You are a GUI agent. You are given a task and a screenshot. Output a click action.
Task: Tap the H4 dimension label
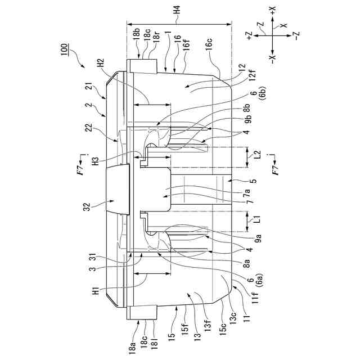(177, 10)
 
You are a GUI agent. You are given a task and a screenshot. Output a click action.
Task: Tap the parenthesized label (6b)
(262, 97)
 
